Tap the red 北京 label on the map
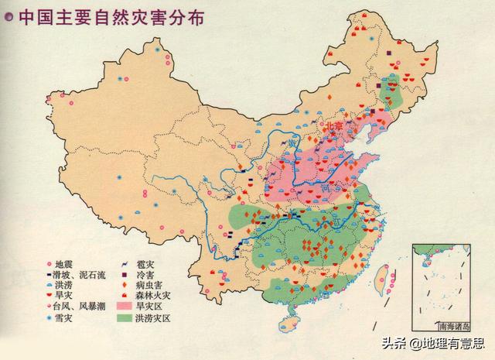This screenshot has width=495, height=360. click(x=332, y=125)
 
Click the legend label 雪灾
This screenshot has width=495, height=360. click(x=65, y=317)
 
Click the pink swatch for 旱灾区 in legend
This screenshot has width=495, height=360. click(x=126, y=306)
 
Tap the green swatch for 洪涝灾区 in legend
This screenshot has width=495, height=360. click(x=126, y=317)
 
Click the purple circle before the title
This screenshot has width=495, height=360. click(x=9, y=16)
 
